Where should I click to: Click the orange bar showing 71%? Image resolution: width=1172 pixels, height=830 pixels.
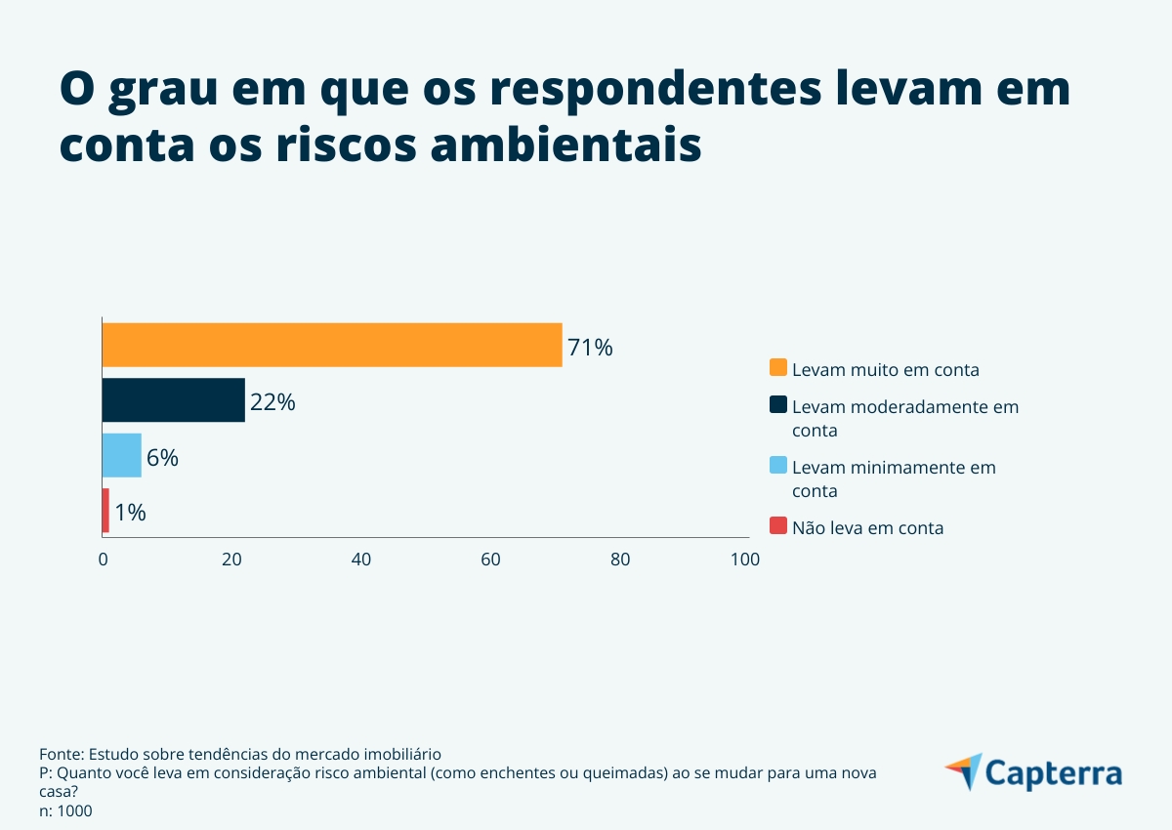coord(332,345)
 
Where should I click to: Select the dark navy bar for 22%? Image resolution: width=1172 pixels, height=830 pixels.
coord(173,400)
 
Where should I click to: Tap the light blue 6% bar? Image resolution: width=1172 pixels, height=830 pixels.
coord(122,455)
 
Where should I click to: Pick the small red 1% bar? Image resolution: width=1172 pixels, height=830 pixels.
coord(105,511)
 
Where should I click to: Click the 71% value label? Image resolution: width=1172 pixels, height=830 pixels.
coord(590,348)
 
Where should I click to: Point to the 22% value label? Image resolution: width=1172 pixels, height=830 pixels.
coord(272,402)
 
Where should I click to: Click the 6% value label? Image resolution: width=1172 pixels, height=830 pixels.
coord(162,458)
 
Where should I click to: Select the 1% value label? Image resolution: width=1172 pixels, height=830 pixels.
coord(130,513)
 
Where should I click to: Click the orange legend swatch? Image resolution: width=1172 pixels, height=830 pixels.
coord(777,368)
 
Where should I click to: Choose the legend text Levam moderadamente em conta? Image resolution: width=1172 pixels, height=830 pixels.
coord(904,418)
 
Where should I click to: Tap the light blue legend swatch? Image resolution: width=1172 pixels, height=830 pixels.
coord(777,466)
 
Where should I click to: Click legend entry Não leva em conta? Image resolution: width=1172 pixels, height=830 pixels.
coord(867,527)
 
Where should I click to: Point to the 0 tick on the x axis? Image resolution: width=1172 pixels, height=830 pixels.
coord(104,560)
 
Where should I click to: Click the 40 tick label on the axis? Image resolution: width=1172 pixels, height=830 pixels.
coord(361,560)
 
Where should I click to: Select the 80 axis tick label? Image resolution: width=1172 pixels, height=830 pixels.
coord(620,560)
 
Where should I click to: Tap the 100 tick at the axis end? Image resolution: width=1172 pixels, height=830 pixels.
coord(745,560)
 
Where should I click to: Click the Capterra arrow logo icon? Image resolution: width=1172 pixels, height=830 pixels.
coord(964,771)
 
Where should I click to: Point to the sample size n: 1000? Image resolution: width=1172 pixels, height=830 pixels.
coord(65,810)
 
